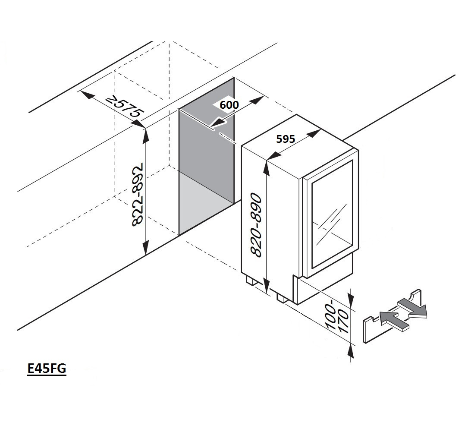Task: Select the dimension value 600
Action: [x=229, y=105]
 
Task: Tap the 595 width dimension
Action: [x=286, y=139]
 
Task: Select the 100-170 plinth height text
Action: [x=338, y=319]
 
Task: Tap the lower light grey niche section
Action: [x=206, y=203]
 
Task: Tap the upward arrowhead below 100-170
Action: [x=352, y=352]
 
